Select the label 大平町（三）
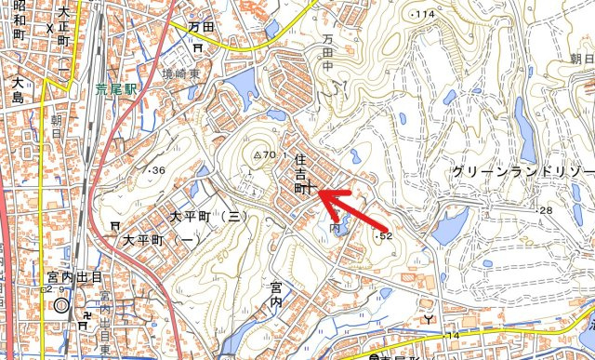point(207,216)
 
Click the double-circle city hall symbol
point(62,304)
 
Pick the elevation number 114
point(424,15)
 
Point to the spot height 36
point(155,170)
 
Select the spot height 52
point(384,237)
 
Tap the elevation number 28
point(545,211)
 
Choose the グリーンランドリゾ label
point(522,172)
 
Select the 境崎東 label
point(179,73)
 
